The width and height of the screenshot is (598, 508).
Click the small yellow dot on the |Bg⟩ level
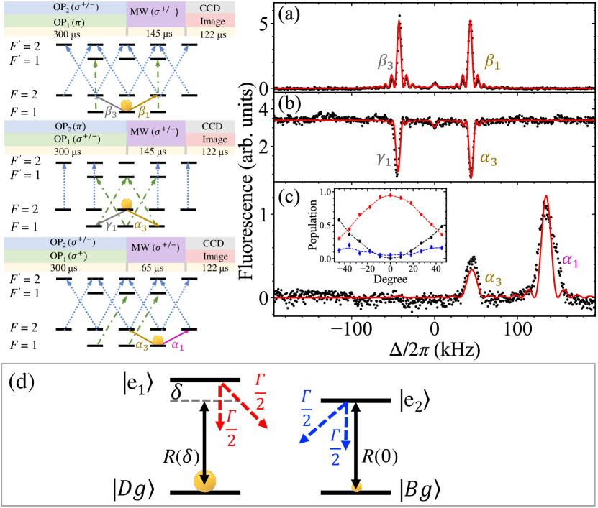point(356,489)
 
